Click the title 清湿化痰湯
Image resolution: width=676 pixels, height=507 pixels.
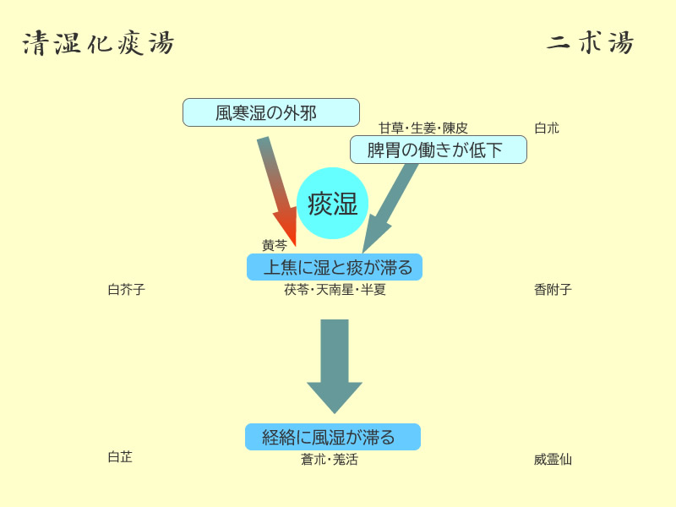click(98, 44)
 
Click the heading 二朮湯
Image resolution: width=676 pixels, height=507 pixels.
click(590, 43)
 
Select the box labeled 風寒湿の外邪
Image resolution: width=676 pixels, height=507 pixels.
click(271, 112)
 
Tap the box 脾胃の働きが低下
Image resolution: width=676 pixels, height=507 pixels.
click(438, 150)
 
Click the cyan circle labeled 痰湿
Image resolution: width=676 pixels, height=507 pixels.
click(333, 204)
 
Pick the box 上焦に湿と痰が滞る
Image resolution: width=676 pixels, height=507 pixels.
click(335, 267)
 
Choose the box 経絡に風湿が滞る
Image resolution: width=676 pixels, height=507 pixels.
click(333, 437)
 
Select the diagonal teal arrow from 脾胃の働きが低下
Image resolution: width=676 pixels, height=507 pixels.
click(390, 208)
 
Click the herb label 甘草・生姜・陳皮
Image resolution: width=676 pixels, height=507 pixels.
click(422, 128)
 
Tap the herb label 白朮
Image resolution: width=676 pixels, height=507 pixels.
click(547, 128)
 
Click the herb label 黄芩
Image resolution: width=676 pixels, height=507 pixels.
click(275, 246)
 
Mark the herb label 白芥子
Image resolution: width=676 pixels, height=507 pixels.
click(127, 290)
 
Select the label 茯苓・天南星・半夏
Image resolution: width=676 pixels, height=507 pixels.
click(335, 290)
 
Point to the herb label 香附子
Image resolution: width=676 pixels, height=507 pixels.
click(553, 290)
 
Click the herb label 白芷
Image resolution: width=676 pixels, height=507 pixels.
click(120, 457)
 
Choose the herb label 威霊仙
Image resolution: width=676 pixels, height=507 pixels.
click(553, 460)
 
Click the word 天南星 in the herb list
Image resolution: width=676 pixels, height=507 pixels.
click(335, 290)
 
